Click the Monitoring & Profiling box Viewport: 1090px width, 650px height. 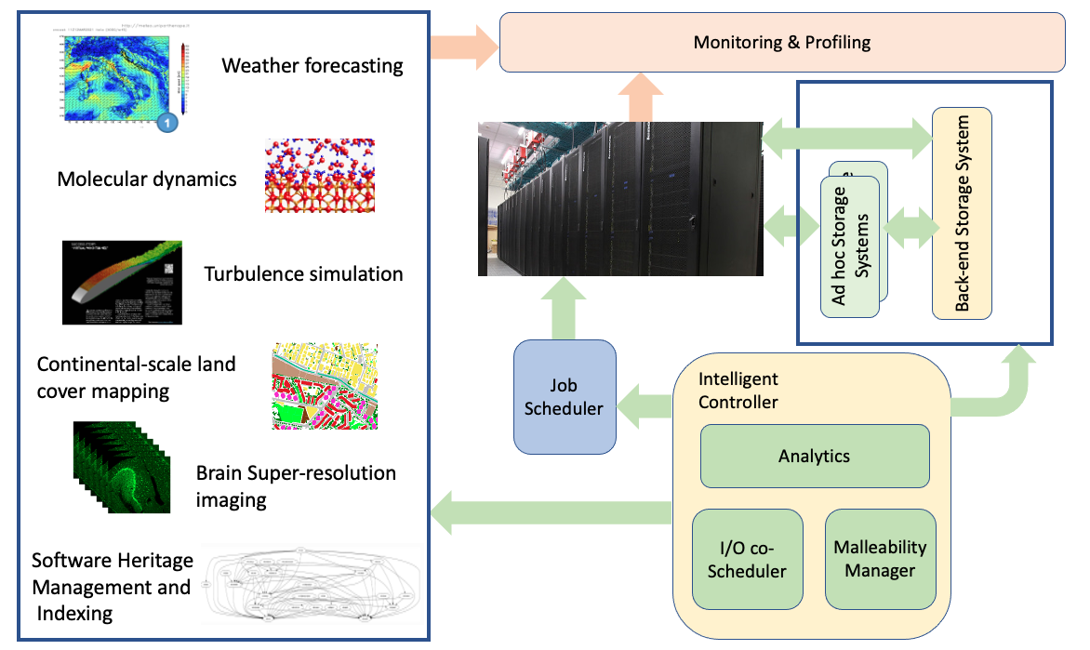[782, 42]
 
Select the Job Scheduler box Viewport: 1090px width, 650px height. [565, 396]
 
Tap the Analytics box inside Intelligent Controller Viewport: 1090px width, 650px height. [814, 456]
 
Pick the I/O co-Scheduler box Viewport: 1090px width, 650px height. [747, 559]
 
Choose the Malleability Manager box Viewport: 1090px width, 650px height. [880, 558]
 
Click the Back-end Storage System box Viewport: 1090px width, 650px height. [962, 212]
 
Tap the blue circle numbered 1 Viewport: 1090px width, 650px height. [166, 121]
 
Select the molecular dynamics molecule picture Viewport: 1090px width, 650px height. [319, 176]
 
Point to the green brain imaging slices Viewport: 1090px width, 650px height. [122, 466]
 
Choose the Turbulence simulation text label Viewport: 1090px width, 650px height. [303, 273]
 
